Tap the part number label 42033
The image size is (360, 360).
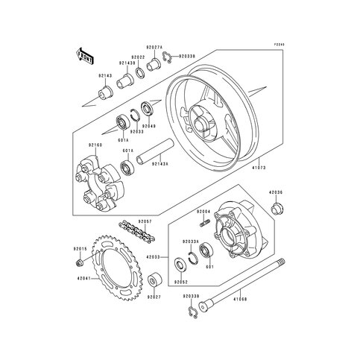pos(154,257)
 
